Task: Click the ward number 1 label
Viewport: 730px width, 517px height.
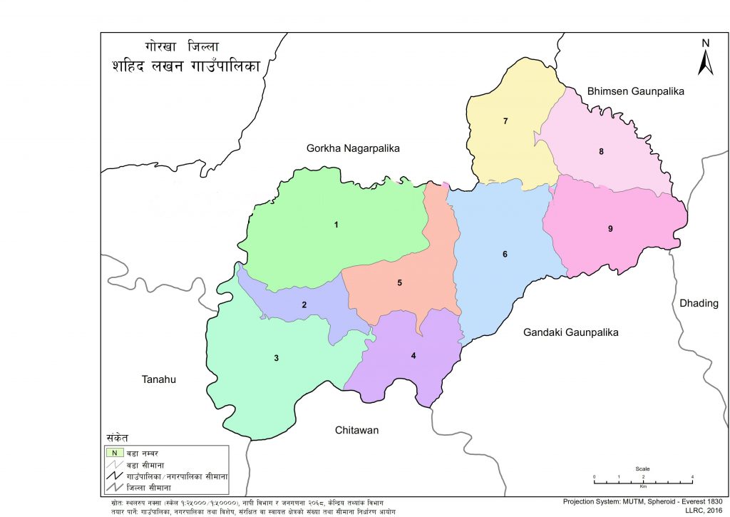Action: click(336, 225)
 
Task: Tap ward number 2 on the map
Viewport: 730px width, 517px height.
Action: click(304, 305)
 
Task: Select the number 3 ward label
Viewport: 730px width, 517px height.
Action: click(277, 358)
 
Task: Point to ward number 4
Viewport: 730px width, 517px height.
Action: click(413, 356)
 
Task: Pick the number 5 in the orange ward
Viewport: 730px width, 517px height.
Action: click(400, 283)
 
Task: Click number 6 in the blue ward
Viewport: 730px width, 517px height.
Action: click(505, 255)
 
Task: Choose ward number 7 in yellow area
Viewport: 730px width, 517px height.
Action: click(505, 121)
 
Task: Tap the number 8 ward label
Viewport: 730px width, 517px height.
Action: click(602, 151)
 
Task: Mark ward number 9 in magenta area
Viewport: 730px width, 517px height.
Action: click(610, 229)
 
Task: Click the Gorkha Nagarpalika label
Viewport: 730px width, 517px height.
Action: click(353, 149)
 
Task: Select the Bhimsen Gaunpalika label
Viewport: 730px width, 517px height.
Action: click(635, 92)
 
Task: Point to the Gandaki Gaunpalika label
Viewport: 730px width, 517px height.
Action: click(570, 333)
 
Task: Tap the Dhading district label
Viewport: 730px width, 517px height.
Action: click(699, 303)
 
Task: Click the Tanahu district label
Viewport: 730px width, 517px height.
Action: click(158, 379)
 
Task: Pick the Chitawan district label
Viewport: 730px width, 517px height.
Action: click(356, 431)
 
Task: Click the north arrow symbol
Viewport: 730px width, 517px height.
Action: click(705, 58)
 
